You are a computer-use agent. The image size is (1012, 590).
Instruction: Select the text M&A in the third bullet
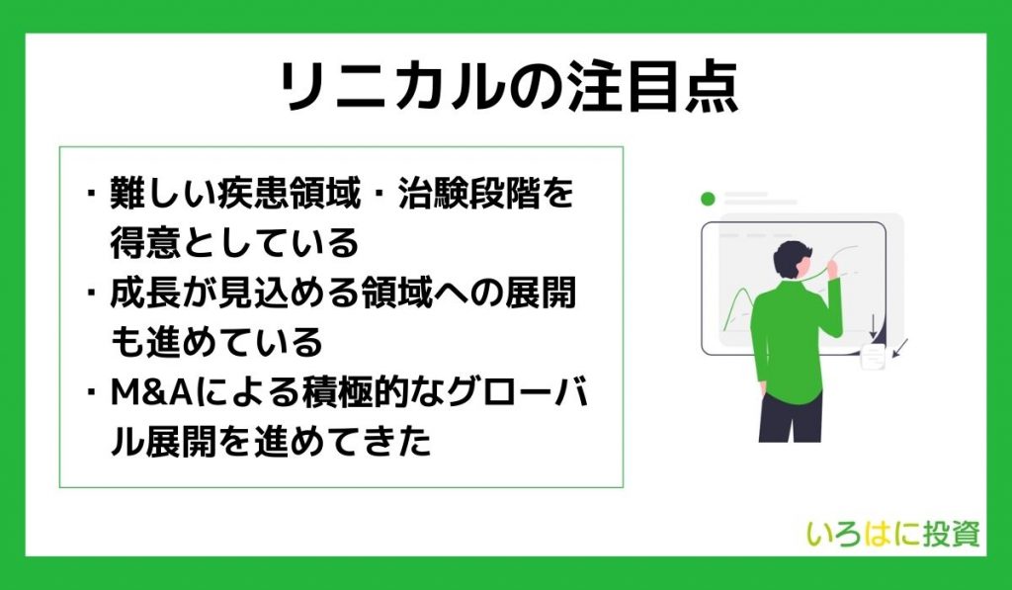(x=151, y=392)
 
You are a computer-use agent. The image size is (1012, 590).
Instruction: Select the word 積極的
(x=360, y=392)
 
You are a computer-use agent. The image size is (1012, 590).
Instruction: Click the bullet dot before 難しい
(x=92, y=193)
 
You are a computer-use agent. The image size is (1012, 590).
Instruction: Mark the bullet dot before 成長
(x=92, y=293)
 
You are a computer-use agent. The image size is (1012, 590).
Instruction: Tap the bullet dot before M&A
(x=92, y=392)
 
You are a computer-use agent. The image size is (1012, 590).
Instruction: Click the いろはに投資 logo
(x=893, y=534)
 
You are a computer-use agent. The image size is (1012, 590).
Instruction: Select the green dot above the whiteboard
(x=708, y=199)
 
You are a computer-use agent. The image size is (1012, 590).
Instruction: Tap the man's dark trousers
(x=791, y=416)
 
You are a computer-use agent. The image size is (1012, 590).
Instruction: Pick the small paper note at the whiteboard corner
(x=873, y=357)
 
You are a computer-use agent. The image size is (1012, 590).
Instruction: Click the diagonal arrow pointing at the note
(x=900, y=348)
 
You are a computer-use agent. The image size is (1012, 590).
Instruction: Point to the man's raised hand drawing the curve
(x=831, y=268)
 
